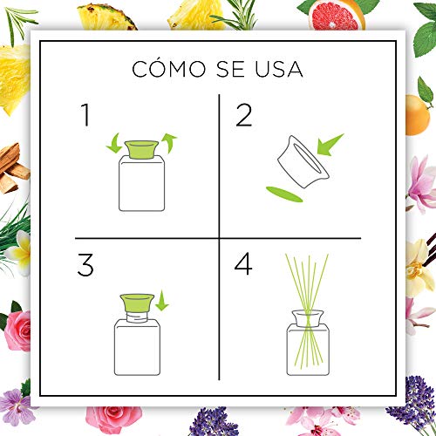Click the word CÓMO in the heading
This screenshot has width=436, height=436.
point(165,69)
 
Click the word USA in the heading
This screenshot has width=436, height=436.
point(280,69)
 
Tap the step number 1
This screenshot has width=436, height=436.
point(85,114)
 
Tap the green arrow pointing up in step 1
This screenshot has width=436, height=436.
point(169,143)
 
